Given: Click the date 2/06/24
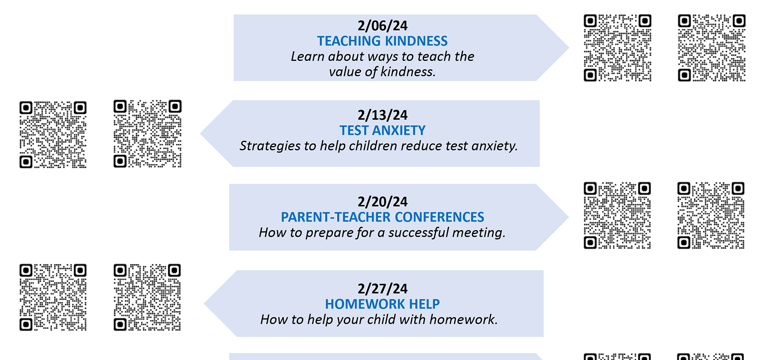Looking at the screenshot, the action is coord(382,26).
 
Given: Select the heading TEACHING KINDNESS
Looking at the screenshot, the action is coord(382,41).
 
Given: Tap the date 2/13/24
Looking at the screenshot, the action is coord(382,115).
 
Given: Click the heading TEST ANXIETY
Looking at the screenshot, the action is coord(382,130).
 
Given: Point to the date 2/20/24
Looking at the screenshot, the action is coord(382,202).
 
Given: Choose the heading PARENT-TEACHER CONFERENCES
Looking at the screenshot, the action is coord(382,217).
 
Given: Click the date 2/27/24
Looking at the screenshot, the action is coord(382,289).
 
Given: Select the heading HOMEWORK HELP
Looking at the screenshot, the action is coord(382,304).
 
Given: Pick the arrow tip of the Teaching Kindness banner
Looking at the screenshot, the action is coord(568,48).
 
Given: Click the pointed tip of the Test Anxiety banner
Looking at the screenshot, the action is coord(200,134).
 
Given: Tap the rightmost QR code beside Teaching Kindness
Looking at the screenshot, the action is coord(712,48).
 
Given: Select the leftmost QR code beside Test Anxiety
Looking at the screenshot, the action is coord(53,135).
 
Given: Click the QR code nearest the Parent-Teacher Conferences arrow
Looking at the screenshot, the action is coord(617,216).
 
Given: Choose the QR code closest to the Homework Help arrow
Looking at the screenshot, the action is coord(147,297).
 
